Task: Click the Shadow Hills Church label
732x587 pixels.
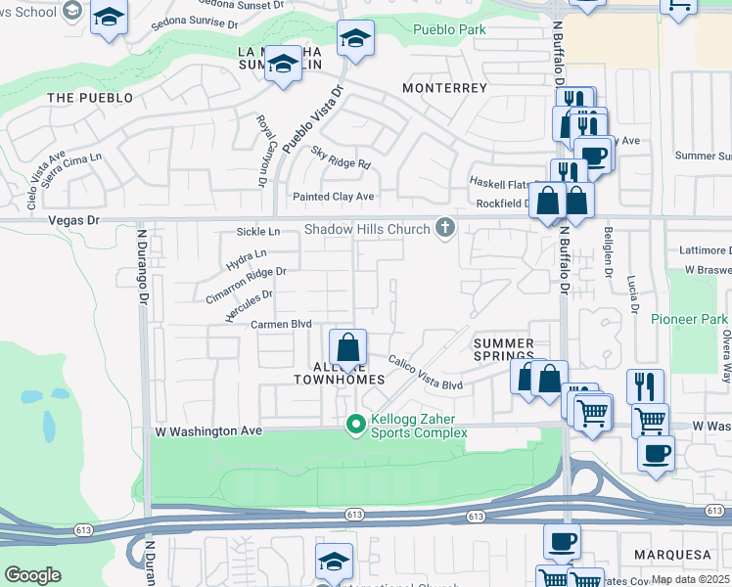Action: pyautogui.click(x=367, y=229)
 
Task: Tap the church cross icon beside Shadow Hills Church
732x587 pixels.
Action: pyautogui.click(x=445, y=228)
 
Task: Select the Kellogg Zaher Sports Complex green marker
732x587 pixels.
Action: pyautogui.click(x=356, y=425)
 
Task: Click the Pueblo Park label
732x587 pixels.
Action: pyautogui.click(x=450, y=30)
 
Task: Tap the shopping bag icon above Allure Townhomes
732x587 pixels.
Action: pyautogui.click(x=347, y=348)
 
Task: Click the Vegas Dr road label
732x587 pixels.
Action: pyautogui.click(x=74, y=221)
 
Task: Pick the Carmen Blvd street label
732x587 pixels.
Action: pyautogui.click(x=281, y=324)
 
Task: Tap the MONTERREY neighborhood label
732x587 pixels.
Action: pyautogui.click(x=444, y=88)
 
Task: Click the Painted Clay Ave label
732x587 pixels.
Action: pyautogui.click(x=334, y=197)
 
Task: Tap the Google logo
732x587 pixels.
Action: pyautogui.click(x=32, y=575)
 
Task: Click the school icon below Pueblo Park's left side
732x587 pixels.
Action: pyautogui.click(x=355, y=41)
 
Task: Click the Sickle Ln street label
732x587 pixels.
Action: pyautogui.click(x=258, y=232)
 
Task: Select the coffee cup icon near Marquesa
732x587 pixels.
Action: pyautogui.click(x=562, y=541)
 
